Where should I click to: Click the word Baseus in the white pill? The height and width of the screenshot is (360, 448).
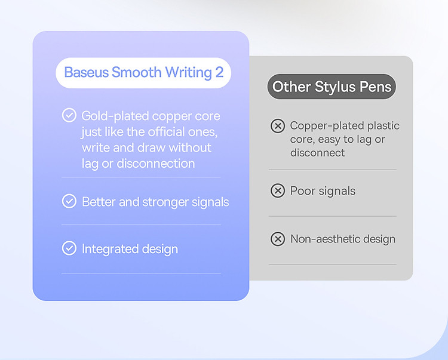pos(86,72)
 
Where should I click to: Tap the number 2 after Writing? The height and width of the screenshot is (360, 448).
pos(219,72)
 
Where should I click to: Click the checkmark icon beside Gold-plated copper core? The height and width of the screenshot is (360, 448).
pos(69,115)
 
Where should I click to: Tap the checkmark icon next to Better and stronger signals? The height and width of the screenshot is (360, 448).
pos(69,201)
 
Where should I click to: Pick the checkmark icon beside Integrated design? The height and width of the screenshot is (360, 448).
pos(69,248)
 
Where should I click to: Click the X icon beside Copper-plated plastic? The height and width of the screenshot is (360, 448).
pos(278,126)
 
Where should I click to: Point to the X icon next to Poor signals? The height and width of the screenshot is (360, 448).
pos(278,190)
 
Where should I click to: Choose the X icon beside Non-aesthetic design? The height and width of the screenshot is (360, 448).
pos(278,239)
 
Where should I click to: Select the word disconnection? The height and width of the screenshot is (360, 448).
pos(156,164)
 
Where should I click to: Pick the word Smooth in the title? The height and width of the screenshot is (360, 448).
pos(137,72)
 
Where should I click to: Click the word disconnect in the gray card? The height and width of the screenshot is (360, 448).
pos(317,153)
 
